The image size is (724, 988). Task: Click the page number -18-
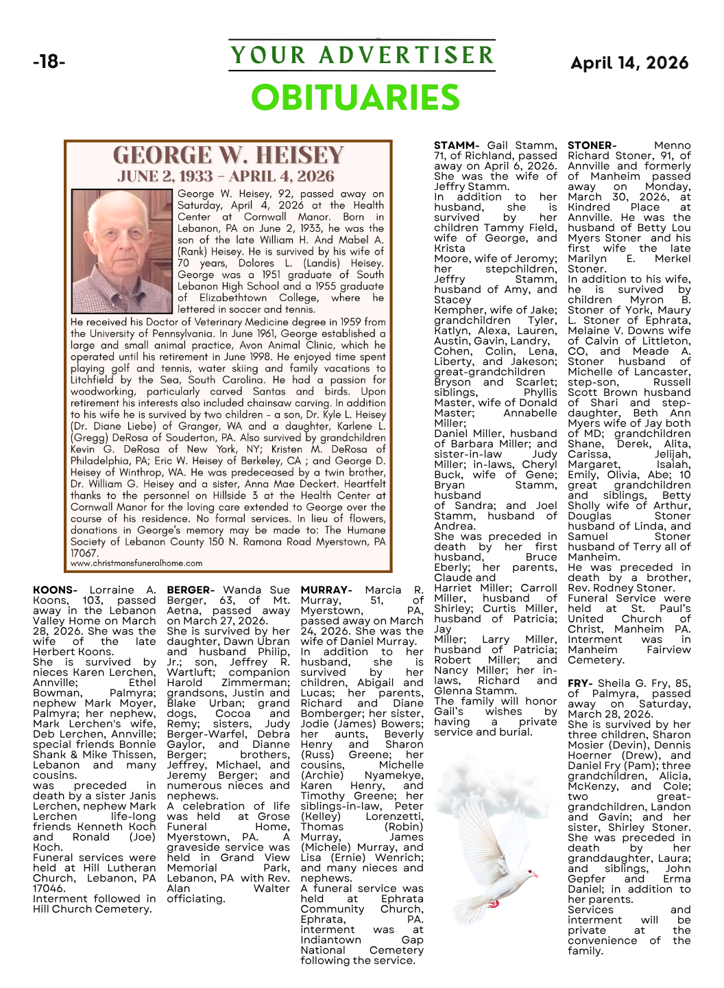[x=49, y=62]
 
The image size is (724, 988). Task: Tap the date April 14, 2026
[x=629, y=63]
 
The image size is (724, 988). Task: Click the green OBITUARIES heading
[x=355, y=97]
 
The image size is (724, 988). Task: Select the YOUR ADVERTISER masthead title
[x=361, y=55]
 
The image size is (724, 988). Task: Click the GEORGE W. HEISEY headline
[x=228, y=155]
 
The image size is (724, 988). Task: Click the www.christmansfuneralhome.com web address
[x=136, y=563]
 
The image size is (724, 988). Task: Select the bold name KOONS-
[x=55, y=590]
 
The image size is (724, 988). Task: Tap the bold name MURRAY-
[x=326, y=590]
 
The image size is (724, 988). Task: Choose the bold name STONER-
[x=592, y=145]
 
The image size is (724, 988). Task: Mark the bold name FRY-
[x=580, y=683]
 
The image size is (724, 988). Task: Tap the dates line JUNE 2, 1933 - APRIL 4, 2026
[x=226, y=176]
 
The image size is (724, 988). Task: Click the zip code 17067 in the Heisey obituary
[x=84, y=553]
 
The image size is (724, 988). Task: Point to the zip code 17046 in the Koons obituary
[x=49, y=889]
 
